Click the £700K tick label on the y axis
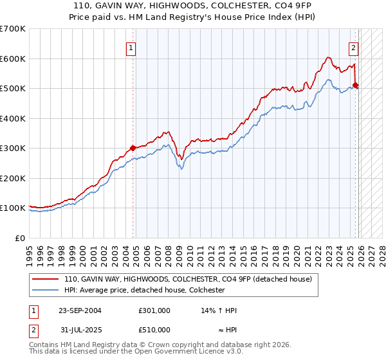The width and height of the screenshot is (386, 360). [x=13, y=29]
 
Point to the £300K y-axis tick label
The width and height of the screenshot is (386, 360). [x=13, y=148]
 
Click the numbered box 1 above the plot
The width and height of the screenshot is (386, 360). [x=131, y=47]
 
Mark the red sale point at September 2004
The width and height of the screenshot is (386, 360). [x=133, y=148]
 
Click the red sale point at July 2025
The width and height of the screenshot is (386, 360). [x=356, y=85]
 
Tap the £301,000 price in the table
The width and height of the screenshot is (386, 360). [x=154, y=310]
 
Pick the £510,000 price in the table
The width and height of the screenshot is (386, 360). [x=154, y=329]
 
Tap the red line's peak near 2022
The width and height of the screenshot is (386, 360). [x=328, y=57]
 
